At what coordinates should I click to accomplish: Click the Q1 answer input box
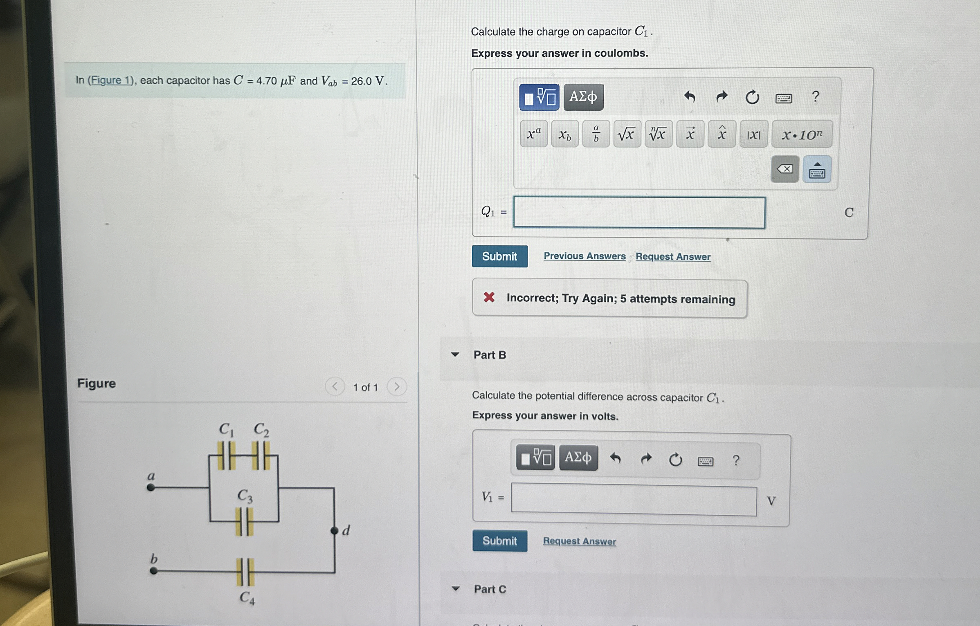[x=639, y=213]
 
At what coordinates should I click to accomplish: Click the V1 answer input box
[x=634, y=501]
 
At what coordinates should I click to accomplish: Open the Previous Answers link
[x=584, y=256]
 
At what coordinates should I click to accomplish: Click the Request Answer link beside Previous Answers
[x=673, y=256]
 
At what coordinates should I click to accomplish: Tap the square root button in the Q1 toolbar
[x=627, y=134]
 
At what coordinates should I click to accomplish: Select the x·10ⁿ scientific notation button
[x=801, y=134]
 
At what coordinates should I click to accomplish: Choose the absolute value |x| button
[x=753, y=134]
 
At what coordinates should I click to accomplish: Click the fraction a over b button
[x=596, y=134]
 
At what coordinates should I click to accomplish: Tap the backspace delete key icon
[x=784, y=169]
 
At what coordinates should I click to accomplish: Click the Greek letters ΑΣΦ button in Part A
[x=583, y=97]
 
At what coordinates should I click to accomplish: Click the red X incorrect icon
[x=489, y=297]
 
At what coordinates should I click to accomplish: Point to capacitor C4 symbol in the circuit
[x=245, y=572]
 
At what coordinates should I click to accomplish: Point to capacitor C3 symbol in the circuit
[x=244, y=521]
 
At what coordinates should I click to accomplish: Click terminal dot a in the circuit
[x=151, y=487]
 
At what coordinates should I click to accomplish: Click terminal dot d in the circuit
[x=335, y=531]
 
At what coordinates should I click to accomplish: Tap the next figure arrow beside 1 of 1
[x=396, y=386]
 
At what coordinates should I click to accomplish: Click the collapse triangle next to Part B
[x=455, y=355]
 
